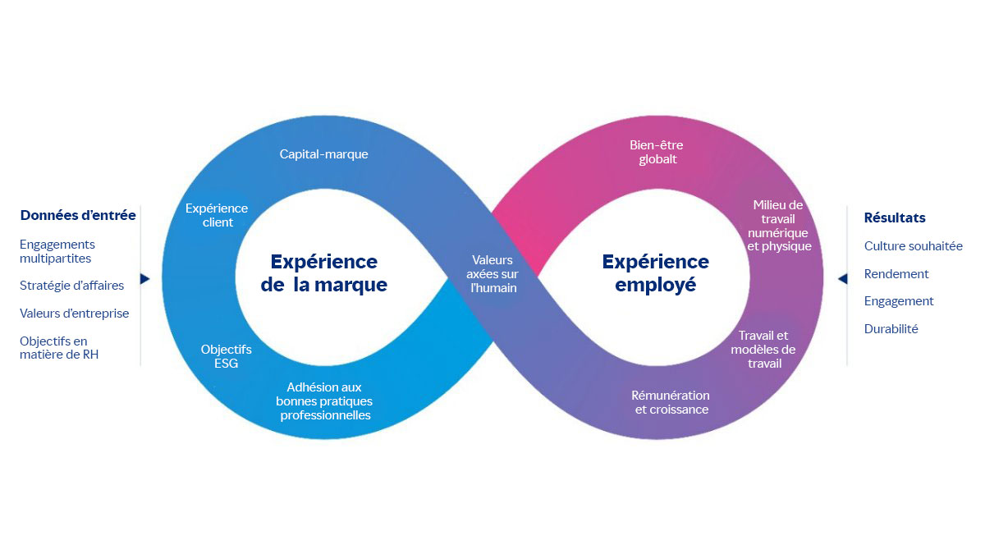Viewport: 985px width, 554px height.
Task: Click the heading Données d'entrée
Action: coord(78,215)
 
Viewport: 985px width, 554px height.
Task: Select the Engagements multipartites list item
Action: coord(57,251)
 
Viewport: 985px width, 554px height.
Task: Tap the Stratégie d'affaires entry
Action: coord(71,286)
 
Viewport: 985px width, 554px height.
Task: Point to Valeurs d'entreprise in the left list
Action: coord(74,314)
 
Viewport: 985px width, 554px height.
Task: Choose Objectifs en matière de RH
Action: coord(59,348)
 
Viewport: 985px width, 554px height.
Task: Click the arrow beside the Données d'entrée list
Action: coord(145,279)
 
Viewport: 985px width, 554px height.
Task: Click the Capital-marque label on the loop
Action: coord(323,154)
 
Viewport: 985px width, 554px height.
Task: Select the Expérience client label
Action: coord(217,215)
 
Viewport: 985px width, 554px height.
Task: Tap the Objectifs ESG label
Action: coord(226,356)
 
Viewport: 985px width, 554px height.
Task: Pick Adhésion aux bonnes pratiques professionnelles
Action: coord(324,401)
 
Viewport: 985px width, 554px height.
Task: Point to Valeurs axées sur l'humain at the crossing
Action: coord(492,274)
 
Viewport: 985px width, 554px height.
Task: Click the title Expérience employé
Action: coord(655,273)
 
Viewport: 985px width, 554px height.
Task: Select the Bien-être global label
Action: coord(657,153)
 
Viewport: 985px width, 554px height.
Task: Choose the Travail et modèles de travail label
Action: coord(763,349)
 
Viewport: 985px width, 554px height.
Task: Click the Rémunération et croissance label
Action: coord(671,402)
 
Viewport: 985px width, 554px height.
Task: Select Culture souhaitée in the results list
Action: coord(913,246)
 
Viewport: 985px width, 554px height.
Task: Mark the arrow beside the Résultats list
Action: coord(842,279)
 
